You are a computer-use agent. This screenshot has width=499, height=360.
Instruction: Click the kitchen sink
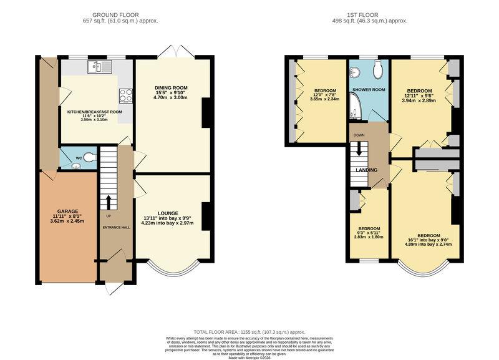pyautogui.click(x=99, y=67)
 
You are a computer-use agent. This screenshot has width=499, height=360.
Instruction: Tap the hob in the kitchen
pyautogui.click(x=126, y=95)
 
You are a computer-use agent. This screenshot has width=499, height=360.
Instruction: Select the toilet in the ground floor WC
pyautogui.click(x=90, y=157)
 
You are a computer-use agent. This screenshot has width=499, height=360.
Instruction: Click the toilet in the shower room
pyautogui.click(x=379, y=69)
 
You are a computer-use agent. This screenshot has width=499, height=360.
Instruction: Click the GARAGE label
pyautogui.click(x=67, y=212)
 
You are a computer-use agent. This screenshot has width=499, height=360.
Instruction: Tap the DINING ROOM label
pyautogui.click(x=171, y=88)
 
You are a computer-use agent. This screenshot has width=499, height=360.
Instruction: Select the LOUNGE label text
pyautogui.click(x=167, y=213)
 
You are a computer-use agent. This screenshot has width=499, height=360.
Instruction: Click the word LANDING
pyautogui.click(x=366, y=170)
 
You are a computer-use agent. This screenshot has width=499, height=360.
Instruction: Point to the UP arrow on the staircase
pyautogui.click(x=109, y=202)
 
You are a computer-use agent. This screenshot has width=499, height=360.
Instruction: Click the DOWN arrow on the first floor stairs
pyautogui.click(x=359, y=148)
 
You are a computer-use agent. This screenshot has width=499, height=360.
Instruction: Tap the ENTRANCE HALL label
pyautogui.click(x=117, y=228)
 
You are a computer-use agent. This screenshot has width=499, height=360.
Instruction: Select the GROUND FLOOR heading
pyautogui.click(x=115, y=15)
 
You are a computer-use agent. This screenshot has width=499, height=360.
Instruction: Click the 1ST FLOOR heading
pyautogui.click(x=363, y=15)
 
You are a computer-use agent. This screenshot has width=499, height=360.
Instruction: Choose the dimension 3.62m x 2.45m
pyautogui.click(x=67, y=221)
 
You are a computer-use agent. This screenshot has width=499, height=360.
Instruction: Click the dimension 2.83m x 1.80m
pyautogui.click(x=369, y=237)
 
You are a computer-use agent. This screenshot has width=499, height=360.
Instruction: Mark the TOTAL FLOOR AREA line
pyautogui.click(x=249, y=332)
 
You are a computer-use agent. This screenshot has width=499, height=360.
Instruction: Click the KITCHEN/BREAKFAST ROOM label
pyautogui.click(x=95, y=112)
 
